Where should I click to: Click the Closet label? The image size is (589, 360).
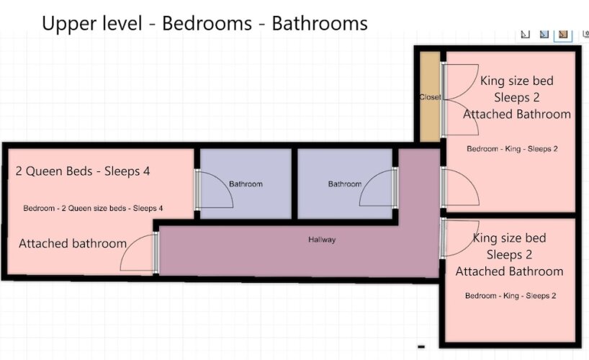pos(430,97)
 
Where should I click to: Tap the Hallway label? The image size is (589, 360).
pos(322,239)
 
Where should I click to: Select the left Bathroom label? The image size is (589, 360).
pos(246,184)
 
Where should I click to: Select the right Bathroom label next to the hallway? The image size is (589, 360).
pos(345,184)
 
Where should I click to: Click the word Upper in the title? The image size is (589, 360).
pos(66,24)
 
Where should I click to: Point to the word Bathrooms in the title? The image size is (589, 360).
pos(320,23)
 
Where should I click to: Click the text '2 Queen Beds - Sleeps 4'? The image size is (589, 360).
pos(83,171)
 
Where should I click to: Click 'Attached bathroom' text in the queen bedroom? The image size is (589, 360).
pos(73,243)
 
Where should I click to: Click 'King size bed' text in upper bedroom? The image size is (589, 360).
pos(516,81)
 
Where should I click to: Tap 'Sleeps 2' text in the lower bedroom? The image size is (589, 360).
pos(509,255)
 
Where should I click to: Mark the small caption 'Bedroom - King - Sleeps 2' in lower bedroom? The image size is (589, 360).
pos(511,296)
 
